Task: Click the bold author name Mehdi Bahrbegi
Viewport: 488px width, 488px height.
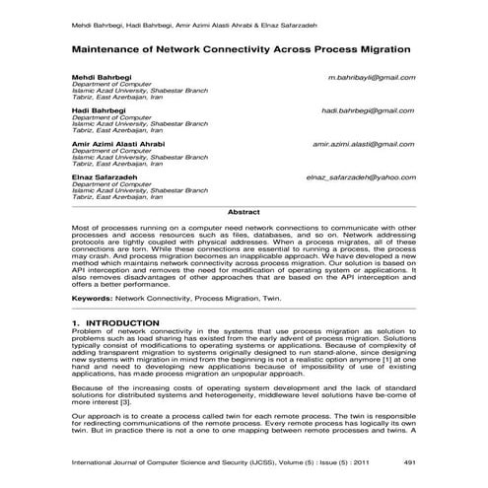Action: (x=100, y=76)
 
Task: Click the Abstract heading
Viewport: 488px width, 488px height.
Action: (x=244, y=212)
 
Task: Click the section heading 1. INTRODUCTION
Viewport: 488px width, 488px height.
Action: (x=115, y=323)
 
